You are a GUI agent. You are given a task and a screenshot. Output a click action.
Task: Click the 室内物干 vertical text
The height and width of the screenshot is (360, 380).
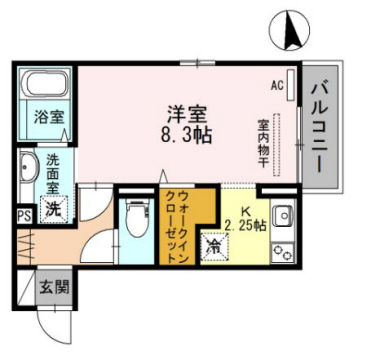pos(263,144)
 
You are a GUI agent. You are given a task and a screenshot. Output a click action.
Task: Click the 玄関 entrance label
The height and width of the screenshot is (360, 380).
pos(53,288)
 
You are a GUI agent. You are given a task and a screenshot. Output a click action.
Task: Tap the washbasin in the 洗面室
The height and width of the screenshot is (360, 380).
pos(26,169)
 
